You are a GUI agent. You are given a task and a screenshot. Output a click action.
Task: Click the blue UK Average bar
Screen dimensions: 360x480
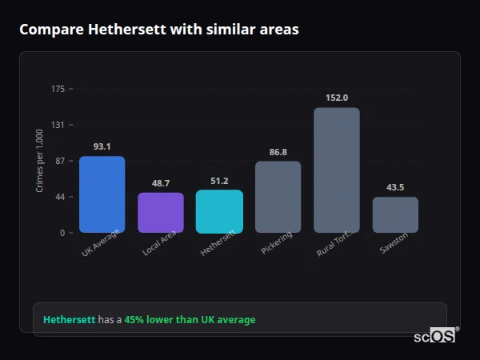[102, 194]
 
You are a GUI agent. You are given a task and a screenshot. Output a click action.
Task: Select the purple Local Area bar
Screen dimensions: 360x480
[161, 213]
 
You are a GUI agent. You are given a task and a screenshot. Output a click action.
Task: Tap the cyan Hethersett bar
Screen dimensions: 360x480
[219, 211]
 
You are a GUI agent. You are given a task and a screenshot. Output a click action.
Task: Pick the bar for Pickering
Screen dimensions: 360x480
[278, 197]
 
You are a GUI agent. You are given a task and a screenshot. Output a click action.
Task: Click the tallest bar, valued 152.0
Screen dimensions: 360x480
[337, 170]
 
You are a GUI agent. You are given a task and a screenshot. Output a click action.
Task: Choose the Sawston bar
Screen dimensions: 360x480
[395, 214]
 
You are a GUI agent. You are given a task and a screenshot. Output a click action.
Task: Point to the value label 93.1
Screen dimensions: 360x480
[102, 146]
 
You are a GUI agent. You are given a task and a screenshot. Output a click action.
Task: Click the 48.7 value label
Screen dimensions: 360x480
[161, 183]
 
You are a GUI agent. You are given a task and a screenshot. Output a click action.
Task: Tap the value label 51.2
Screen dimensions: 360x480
[219, 181]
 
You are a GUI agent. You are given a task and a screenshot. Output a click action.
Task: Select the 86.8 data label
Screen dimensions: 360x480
[278, 152]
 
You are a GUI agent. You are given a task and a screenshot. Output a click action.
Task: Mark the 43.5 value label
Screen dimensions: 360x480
[395, 187]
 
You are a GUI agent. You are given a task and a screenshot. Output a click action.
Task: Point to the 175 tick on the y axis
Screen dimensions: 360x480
[58, 89]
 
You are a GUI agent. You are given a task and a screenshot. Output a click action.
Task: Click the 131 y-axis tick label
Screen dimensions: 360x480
[58, 125]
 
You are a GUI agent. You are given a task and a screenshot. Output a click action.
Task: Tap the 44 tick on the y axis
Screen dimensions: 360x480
[60, 197]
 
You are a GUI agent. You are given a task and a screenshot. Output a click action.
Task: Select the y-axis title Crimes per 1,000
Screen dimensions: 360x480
[39, 161]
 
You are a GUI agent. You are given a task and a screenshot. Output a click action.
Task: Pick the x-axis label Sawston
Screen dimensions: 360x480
[394, 242]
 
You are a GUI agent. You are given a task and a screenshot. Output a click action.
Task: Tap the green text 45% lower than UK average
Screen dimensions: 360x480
[190, 320]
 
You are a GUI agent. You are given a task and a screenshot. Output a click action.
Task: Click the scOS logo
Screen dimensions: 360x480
[434, 336]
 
